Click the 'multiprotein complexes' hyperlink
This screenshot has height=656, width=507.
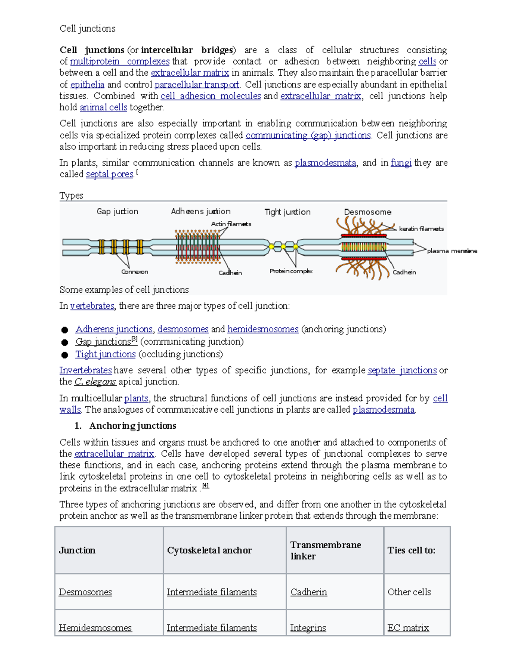[x=120, y=62]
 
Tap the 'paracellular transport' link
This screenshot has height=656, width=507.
[x=197, y=84]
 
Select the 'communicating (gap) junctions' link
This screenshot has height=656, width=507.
[x=308, y=136]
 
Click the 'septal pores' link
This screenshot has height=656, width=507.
[x=109, y=174]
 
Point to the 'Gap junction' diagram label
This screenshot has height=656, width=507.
[x=117, y=212]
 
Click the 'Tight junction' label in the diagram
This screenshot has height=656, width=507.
[x=287, y=212]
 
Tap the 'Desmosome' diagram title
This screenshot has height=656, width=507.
[x=368, y=212]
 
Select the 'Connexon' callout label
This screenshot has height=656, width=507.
[x=134, y=272]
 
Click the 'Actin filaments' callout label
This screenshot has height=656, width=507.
[x=231, y=224]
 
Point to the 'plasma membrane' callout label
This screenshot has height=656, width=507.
[x=452, y=251]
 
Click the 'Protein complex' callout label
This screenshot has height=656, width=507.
[x=291, y=271]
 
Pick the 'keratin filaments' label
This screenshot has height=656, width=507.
[x=421, y=229]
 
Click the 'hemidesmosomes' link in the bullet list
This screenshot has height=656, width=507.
[x=263, y=329]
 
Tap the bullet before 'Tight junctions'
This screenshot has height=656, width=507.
[x=65, y=355]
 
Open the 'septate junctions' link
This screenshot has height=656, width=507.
[x=402, y=370]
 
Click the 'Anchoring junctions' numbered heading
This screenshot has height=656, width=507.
[x=133, y=426]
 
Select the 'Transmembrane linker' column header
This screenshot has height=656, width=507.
[x=325, y=550]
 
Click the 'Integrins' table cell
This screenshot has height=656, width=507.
[x=308, y=628]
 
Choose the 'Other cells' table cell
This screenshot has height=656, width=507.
[x=409, y=592]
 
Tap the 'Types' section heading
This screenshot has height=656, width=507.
[x=71, y=196]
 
